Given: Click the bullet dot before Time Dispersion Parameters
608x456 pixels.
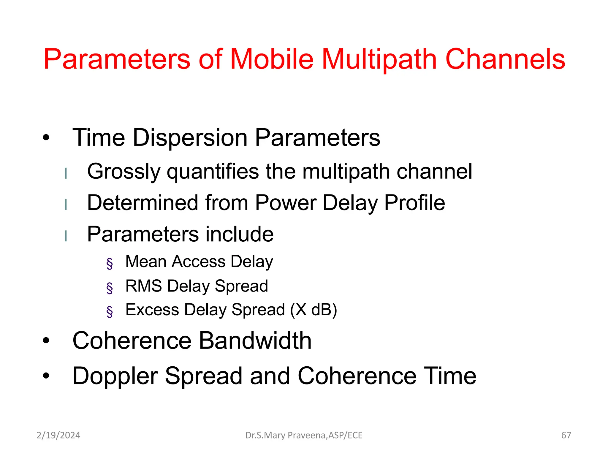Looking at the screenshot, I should (46, 137).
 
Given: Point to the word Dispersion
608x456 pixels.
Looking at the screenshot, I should (190, 137).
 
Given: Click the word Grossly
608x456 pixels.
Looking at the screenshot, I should (123, 172).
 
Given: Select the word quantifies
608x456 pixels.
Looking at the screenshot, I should (213, 172).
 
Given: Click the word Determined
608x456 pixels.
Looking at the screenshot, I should (142, 203).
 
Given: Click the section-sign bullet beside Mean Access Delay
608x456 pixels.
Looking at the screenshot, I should (110, 263).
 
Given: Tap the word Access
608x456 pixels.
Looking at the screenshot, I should (199, 262).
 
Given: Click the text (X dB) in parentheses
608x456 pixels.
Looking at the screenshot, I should (313, 310).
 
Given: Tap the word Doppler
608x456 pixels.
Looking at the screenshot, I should (115, 376).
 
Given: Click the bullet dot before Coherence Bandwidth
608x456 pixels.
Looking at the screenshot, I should (46, 341).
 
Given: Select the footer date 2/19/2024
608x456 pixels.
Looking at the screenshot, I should (58, 435).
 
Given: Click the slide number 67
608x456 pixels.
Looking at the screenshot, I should (566, 435).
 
